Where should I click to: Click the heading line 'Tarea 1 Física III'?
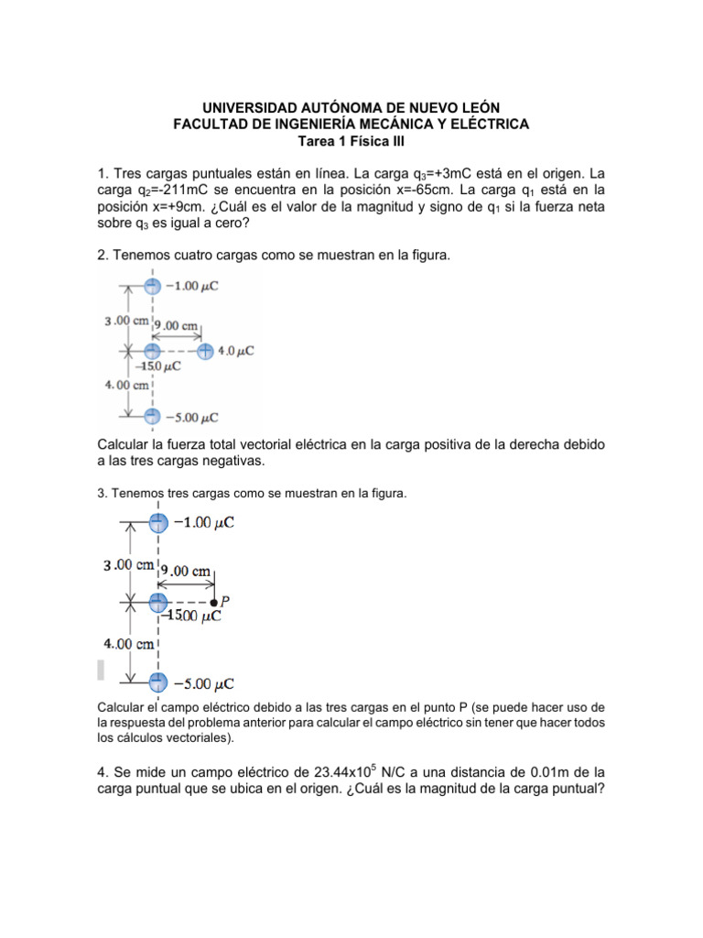tap(351, 141)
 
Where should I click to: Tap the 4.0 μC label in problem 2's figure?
tap(236, 351)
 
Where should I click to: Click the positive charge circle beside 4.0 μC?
tap(205, 351)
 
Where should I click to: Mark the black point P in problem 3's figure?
tap(214, 603)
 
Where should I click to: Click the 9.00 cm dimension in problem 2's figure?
tap(177, 325)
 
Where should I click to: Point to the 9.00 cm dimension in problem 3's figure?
tap(188, 572)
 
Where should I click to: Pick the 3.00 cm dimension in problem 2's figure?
tap(125, 321)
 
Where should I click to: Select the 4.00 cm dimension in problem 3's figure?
tap(127, 644)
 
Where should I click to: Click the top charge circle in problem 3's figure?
tap(158, 523)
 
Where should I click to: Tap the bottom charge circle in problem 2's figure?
tap(153, 417)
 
